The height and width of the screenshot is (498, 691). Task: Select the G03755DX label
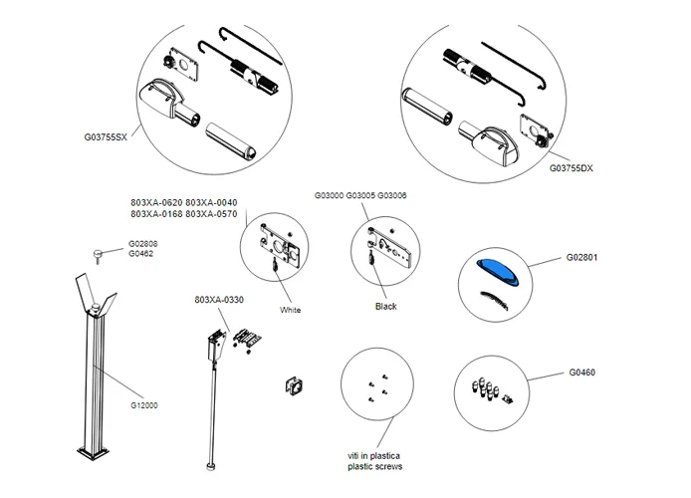click(576, 169)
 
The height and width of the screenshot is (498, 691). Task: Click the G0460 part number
click(582, 373)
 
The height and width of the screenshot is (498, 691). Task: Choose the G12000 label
click(144, 405)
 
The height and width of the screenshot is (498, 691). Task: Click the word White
click(290, 311)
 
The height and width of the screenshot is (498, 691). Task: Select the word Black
click(385, 307)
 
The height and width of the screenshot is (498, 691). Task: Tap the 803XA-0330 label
click(220, 299)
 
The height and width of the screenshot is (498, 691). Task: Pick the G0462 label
click(139, 254)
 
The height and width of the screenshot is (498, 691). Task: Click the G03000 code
click(330, 196)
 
